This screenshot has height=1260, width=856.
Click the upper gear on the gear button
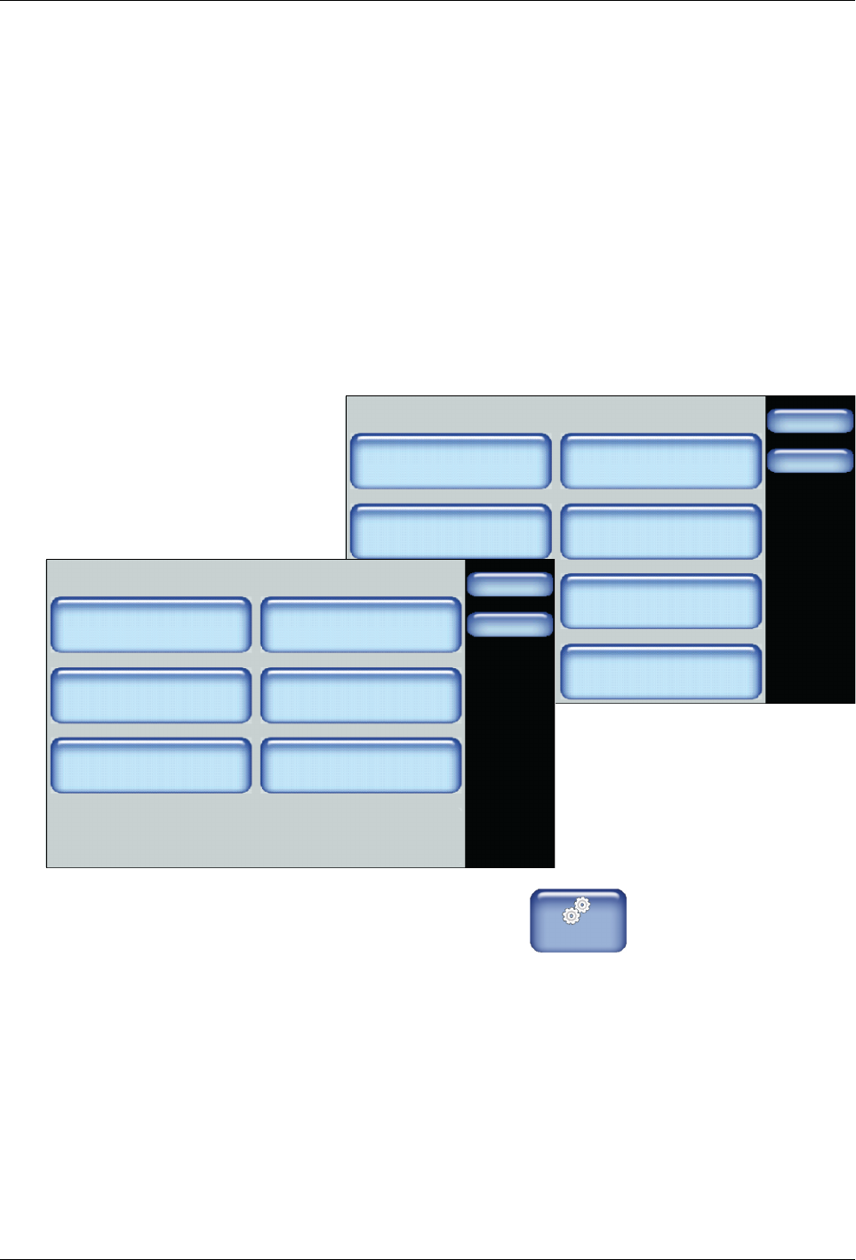coord(582,905)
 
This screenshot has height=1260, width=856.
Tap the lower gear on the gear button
coord(572,916)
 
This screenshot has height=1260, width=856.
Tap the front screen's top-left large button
coord(151,625)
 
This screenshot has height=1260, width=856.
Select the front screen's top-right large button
coord(361,625)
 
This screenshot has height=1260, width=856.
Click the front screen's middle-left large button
coord(151,695)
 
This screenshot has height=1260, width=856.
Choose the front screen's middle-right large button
coord(361,695)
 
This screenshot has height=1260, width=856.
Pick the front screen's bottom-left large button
coord(151,765)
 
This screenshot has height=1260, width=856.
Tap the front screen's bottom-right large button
coord(361,765)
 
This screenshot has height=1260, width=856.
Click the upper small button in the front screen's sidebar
coord(509,584)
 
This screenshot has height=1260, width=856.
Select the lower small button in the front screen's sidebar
coord(509,625)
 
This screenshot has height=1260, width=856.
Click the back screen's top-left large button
coord(451,461)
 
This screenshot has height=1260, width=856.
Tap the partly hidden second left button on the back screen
coord(451,530)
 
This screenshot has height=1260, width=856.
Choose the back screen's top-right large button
coord(661,461)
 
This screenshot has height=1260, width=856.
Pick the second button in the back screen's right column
coord(661,531)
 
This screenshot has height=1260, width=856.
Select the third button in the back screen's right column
coord(661,602)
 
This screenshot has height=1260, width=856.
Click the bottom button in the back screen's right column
coord(661,672)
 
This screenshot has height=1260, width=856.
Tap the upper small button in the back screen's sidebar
coord(810,420)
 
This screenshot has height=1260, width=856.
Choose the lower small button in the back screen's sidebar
coord(810,461)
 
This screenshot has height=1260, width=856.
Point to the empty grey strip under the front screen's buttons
coord(256,831)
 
